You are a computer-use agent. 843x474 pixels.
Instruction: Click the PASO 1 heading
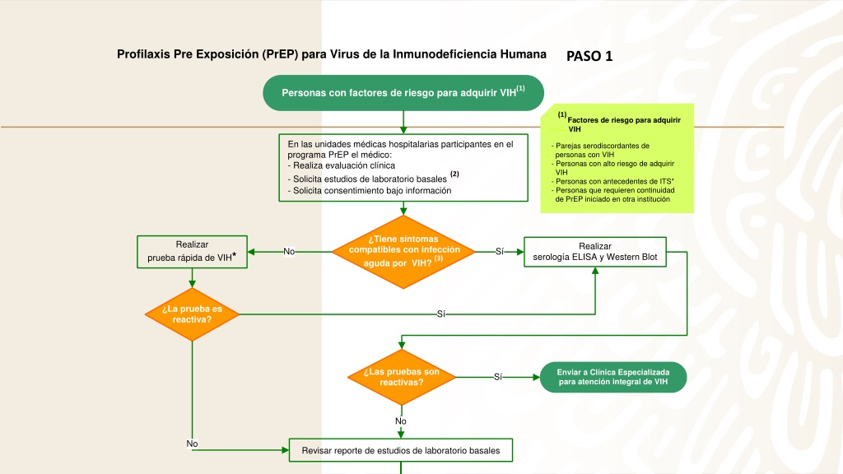tap(589, 56)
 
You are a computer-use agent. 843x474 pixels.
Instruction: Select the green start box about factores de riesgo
tap(403, 93)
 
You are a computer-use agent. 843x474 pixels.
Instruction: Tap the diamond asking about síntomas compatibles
tap(403, 252)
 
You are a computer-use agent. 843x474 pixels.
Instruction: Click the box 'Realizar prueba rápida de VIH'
tap(192, 252)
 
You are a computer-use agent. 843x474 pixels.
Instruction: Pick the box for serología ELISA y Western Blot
tap(595, 252)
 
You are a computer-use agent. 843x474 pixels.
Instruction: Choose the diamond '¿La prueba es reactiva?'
tap(192, 314)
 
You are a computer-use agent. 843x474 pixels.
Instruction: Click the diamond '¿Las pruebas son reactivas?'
tap(402, 377)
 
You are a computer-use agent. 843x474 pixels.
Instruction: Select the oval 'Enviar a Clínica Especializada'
tap(612, 377)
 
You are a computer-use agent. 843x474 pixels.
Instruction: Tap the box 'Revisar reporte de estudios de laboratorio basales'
tap(401, 450)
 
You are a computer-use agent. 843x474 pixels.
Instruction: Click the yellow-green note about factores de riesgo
tap(617, 159)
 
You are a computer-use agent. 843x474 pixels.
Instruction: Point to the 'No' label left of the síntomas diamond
tap(289, 252)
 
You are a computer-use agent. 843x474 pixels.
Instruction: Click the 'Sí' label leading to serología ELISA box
tap(500, 252)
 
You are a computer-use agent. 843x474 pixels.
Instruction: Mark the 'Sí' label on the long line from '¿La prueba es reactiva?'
tap(441, 314)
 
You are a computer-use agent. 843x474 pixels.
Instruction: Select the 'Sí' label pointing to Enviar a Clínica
tap(498, 377)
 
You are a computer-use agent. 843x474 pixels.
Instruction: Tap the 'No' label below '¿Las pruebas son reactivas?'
tap(401, 421)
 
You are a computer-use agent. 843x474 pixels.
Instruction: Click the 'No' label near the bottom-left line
tap(192, 444)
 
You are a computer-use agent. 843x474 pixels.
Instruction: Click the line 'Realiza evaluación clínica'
tap(342, 165)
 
